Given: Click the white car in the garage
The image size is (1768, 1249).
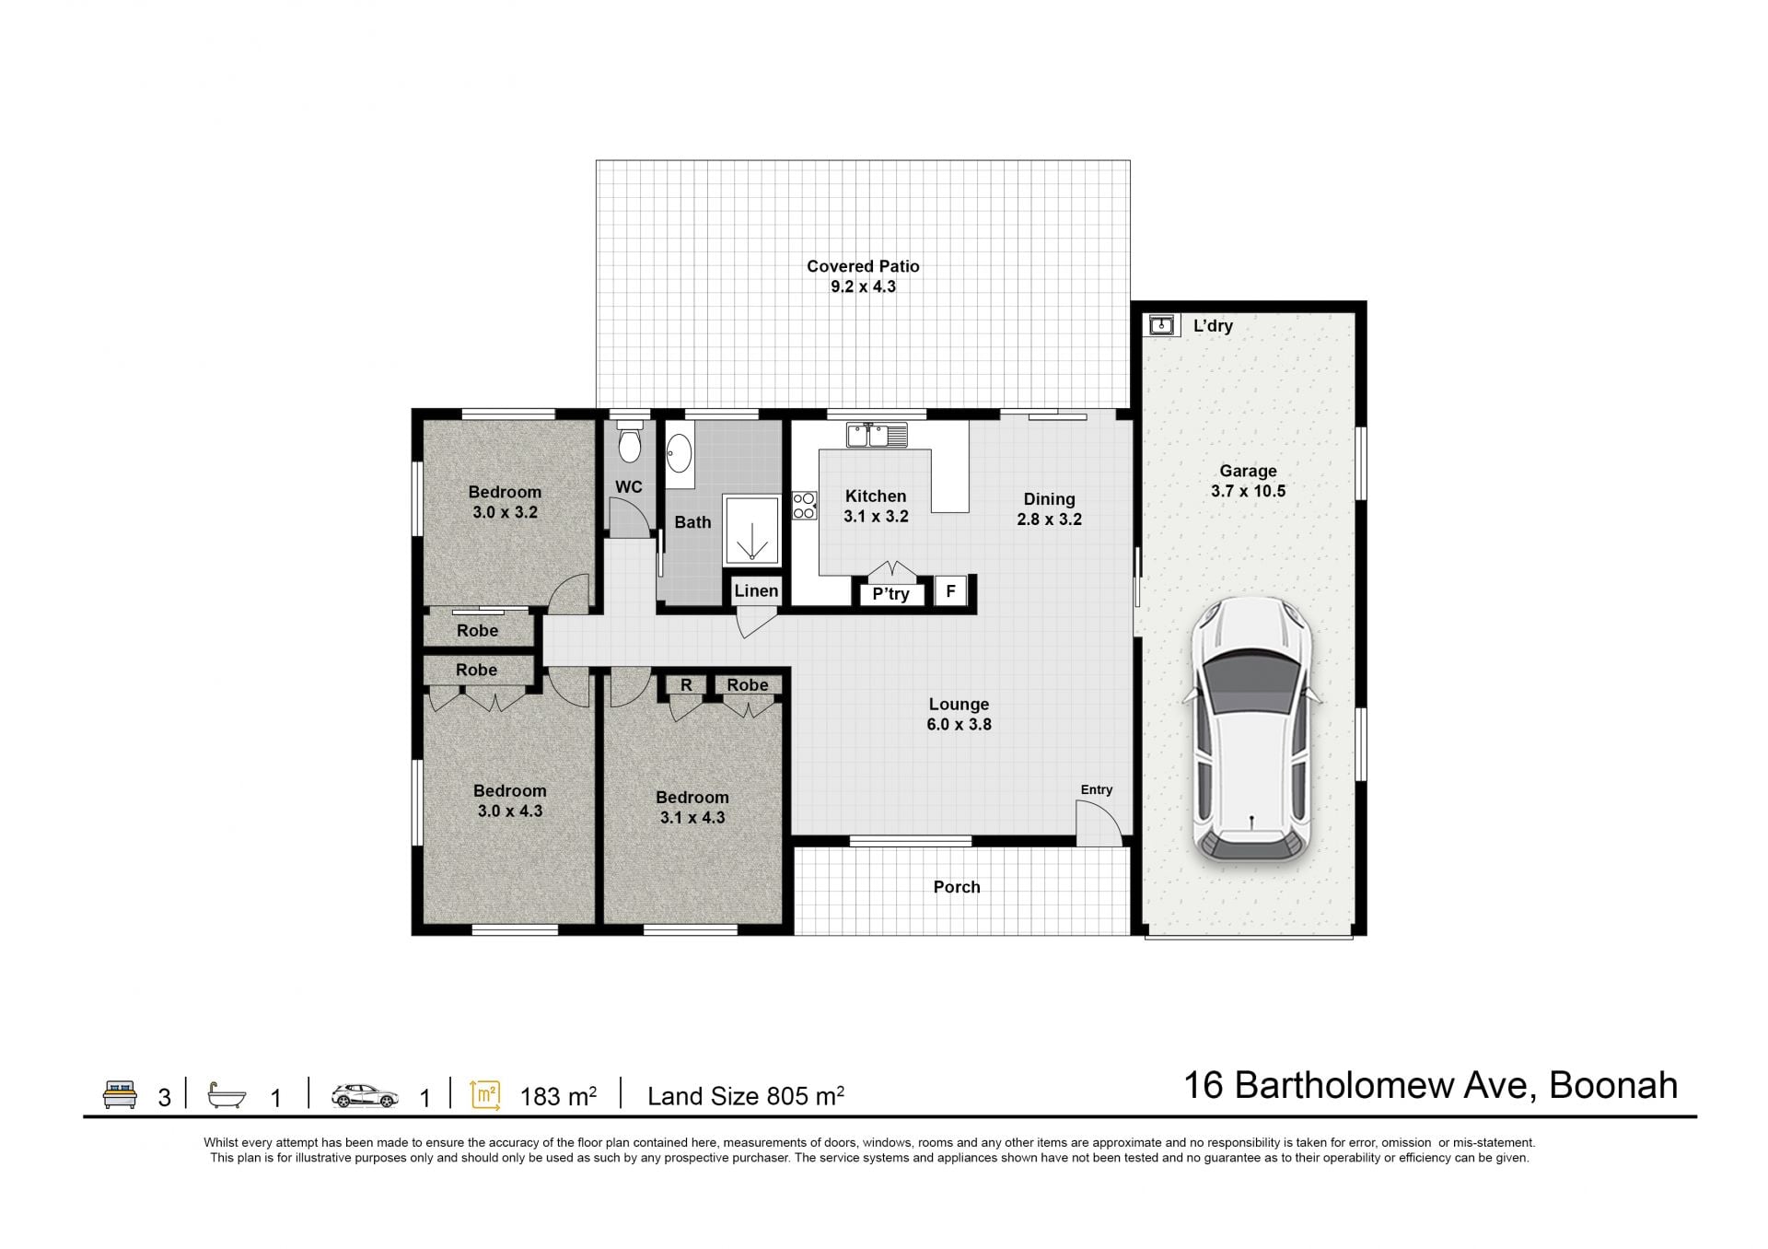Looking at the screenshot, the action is (1252, 730).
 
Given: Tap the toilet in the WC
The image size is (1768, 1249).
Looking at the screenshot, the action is (630, 443).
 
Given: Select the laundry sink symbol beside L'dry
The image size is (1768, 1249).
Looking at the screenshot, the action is (1162, 324).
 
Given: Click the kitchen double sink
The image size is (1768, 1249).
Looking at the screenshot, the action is (877, 435).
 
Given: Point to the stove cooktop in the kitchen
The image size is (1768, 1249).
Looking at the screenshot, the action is (804, 506).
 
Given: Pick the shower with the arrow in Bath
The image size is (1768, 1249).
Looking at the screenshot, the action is (751, 530).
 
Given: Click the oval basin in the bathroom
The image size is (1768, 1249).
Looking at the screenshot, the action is (680, 454).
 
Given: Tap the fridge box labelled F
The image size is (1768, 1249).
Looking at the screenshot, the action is (950, 591).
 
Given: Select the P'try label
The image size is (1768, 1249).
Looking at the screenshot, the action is (890, 594).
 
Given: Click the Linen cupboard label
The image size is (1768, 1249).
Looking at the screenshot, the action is (756, 590).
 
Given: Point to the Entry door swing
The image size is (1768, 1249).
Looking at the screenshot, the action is (1099, 823).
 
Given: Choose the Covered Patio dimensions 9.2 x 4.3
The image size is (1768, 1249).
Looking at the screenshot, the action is (863, 286).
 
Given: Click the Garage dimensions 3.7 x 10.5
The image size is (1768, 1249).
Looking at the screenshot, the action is (1248, 491).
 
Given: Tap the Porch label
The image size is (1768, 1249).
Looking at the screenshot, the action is (957, 887).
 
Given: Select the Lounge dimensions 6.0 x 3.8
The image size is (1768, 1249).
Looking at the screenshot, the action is (959, 724).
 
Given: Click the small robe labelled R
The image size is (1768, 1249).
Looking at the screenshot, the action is (686, 685).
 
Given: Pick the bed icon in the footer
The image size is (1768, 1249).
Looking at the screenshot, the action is (120, 1094).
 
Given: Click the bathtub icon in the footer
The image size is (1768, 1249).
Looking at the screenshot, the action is (227, 1095).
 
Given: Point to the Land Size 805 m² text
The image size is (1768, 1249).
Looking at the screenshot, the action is (746, 1095).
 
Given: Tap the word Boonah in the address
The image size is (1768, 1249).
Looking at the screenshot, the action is (1613, 1085).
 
